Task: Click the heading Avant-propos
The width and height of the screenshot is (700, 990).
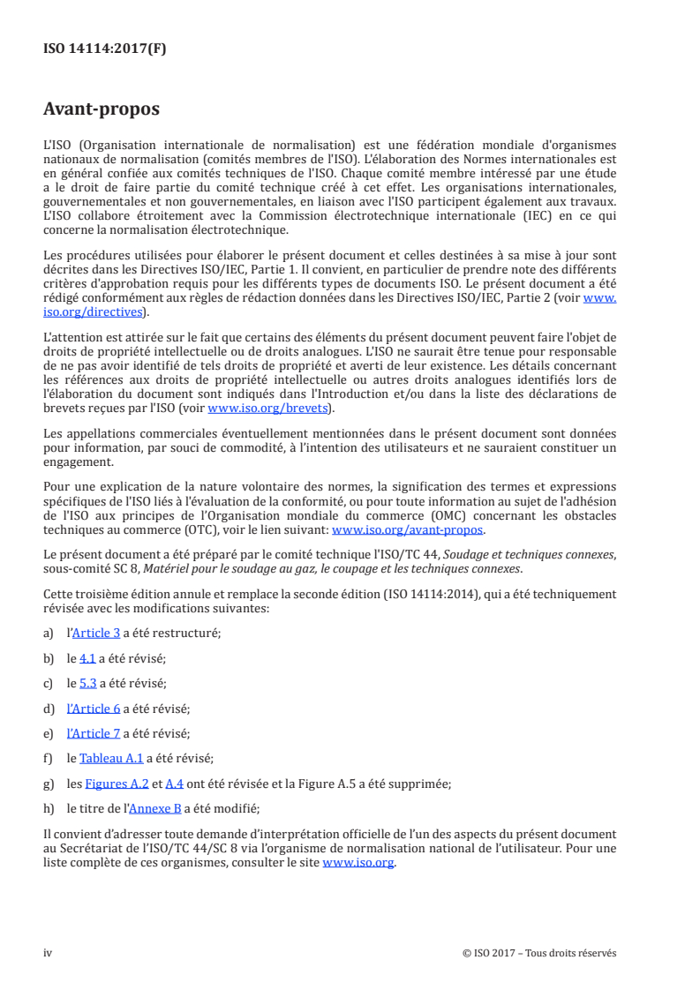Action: coord(102,109)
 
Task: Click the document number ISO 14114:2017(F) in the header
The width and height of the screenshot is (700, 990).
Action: coord(105,49)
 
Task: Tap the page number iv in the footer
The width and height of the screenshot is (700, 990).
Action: coord(49,953)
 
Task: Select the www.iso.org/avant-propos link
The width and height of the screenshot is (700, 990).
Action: coord(407,530)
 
